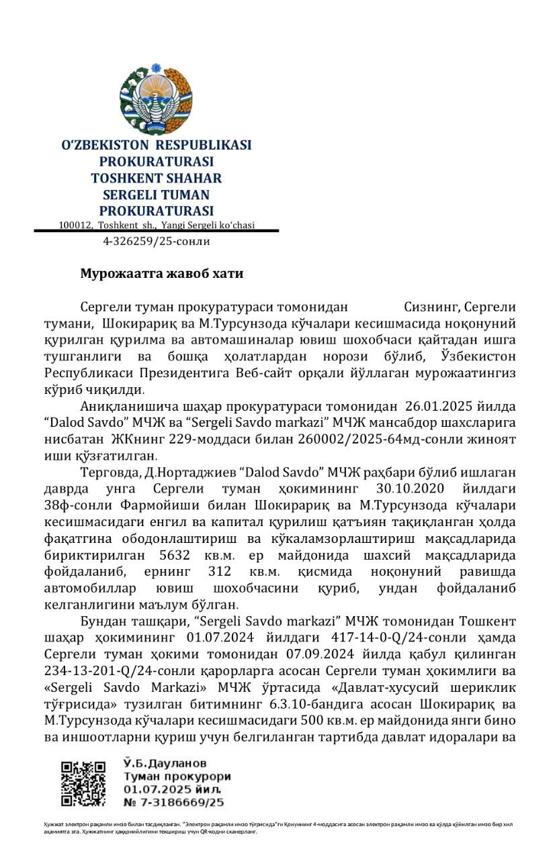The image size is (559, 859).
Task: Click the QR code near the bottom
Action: (84, 783)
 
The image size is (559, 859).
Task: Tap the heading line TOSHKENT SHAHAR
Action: (156, 178)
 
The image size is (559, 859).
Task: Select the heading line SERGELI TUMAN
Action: (156, 195)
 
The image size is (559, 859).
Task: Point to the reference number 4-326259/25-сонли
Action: (156, 242)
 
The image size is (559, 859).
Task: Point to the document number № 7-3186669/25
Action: (173, 802)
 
